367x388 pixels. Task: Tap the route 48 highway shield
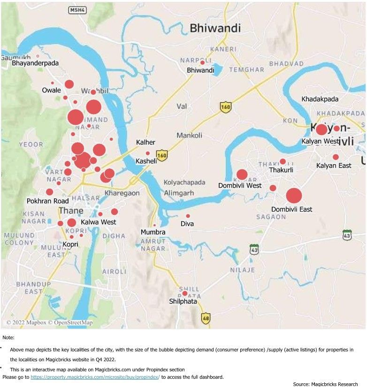click(x=206, y=318)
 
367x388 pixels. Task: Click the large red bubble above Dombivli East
click(x=294, y=196)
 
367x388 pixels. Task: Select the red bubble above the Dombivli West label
click(x=242, y=175)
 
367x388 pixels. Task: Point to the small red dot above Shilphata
click(x=185, y=293)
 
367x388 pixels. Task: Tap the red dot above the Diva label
click(x=188, y=216)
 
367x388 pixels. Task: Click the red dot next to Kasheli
click(x=148, y=153)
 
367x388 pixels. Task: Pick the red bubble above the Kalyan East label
click(x=336, y=157)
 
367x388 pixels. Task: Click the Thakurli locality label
click(x=281, y=170)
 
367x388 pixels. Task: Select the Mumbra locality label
click(x=153, y=232)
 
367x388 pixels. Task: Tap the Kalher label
click(x=145, y=142)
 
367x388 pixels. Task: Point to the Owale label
click(x=51, y=90)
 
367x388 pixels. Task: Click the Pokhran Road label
click(x=48, y=201)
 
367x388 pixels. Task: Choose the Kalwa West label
click(x=98, y=222)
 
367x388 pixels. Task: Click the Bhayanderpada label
click(x=35, y=62)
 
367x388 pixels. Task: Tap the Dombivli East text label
click(x=291, y=209)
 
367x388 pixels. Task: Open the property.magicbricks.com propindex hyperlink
click(x=95, y=377)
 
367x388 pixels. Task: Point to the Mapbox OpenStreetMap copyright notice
click(x=49, y=322)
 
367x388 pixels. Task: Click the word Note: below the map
click(x=8, y=337)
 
